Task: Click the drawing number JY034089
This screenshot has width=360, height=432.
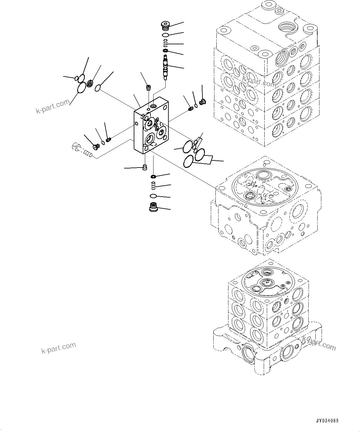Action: click(x=327, y=421)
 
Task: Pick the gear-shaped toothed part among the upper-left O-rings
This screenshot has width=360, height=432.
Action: click(x=90, y=84)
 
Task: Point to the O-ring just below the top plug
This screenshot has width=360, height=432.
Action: click(x=166, y=34)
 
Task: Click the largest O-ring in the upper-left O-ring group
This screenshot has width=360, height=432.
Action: click(x=82, y=88)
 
